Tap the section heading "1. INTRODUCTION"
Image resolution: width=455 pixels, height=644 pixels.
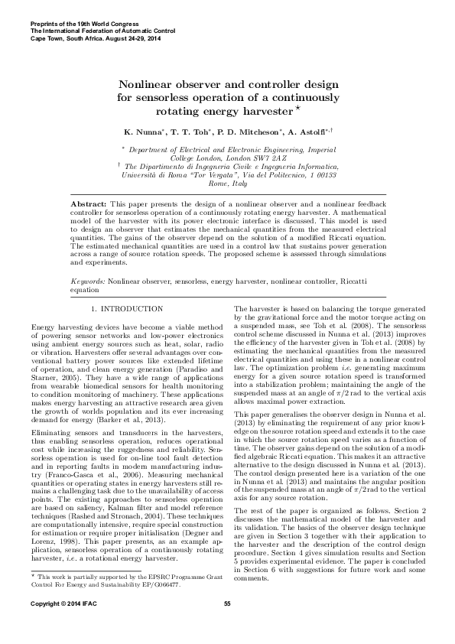127,308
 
